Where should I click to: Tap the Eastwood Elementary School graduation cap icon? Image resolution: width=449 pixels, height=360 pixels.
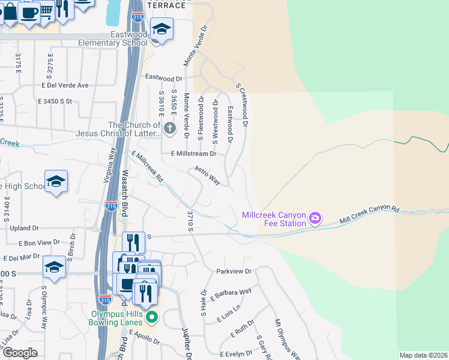(x=161, y=28)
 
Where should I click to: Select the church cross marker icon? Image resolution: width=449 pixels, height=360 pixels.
(x=170, y=128)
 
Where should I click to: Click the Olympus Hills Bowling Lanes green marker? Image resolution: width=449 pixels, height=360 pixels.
(x=152, y=317)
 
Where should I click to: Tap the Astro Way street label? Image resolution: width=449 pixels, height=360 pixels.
(x=208, y=176)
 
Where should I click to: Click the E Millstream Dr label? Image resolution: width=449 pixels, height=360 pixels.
(x=193, y=154)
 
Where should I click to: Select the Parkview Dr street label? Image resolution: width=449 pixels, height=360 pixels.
(x=234, y=272)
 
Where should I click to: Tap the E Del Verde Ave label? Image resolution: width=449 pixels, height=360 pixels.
(x=65, y=85)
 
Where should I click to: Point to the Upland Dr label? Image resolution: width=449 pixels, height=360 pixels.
(x=24, y=228)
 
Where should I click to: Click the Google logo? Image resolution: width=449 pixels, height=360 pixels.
(x=20, y=353)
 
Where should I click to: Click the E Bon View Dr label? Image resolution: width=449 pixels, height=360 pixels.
(x=39, y=243)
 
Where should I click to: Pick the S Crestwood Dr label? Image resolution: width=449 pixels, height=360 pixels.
(x=242, y=106)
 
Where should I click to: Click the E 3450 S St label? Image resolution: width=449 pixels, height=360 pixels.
(x=55, y=101)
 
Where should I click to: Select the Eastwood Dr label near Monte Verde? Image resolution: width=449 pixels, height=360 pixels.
(x=164, y=78)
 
